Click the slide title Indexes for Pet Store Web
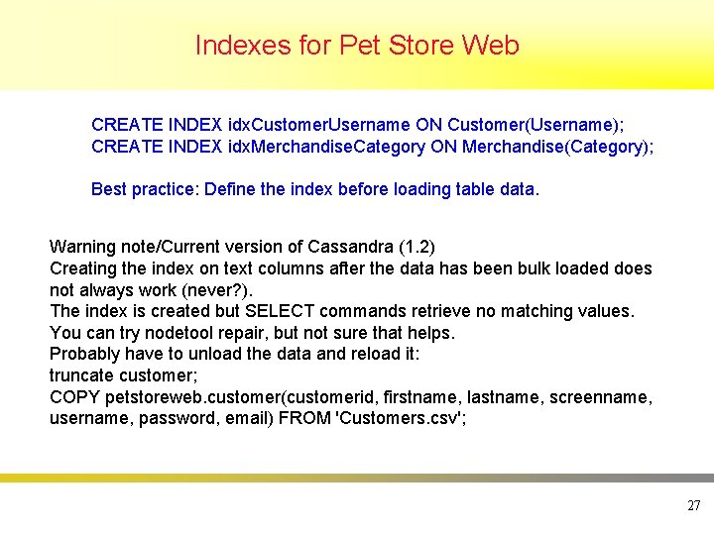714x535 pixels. point(357,46)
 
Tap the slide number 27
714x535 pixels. point(693,505)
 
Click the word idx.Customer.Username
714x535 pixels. point(318,125)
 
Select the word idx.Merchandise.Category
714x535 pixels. point(326,147)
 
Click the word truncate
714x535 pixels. point(82,375)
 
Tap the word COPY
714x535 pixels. point(72,397)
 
